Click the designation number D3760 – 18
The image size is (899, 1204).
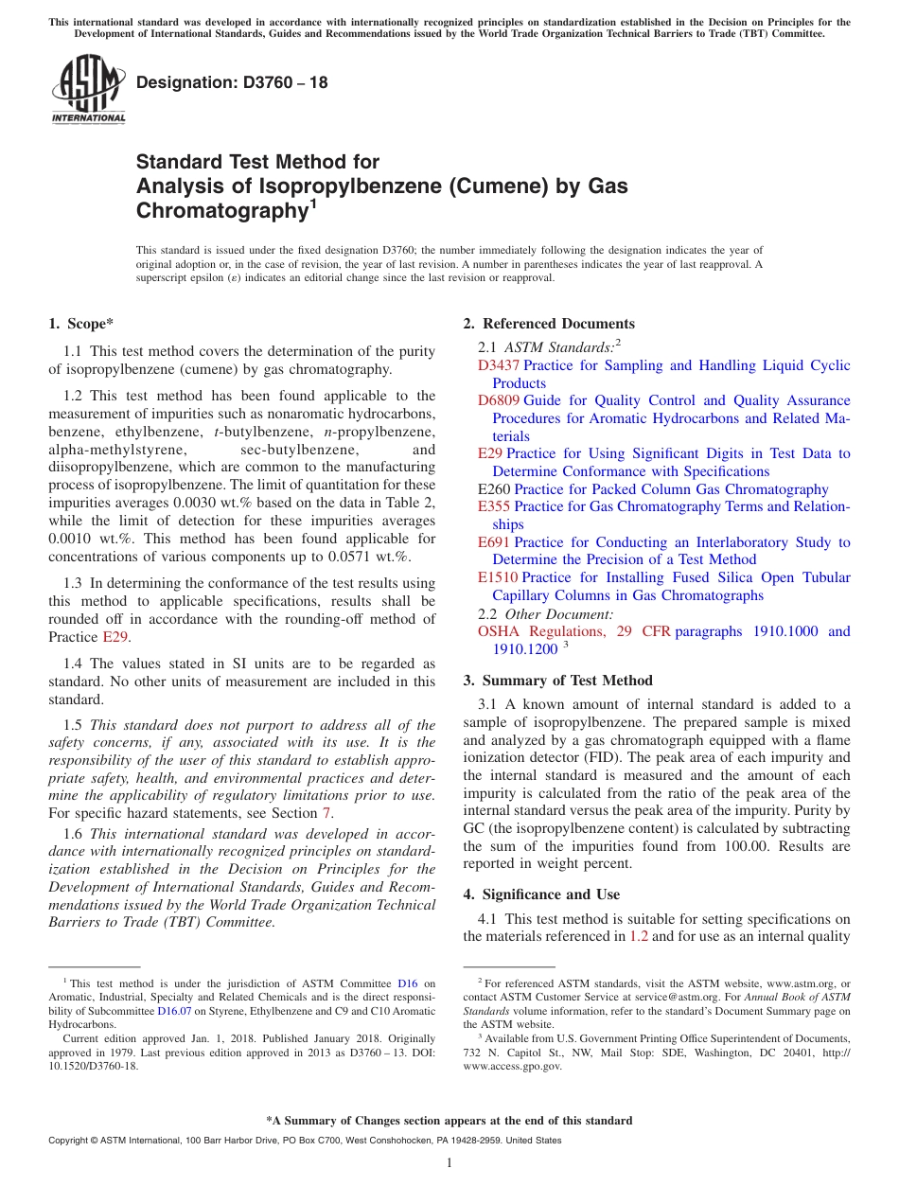[232, 82]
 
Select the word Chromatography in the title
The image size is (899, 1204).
[219, 211]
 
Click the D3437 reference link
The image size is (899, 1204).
[498, 365]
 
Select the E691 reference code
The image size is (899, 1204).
[494, 542]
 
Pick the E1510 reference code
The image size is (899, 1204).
[498, 577]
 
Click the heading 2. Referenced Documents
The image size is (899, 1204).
[549, 324]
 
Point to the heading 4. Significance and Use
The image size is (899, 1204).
[541, 894]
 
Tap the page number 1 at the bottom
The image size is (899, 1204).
[449, 1163]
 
